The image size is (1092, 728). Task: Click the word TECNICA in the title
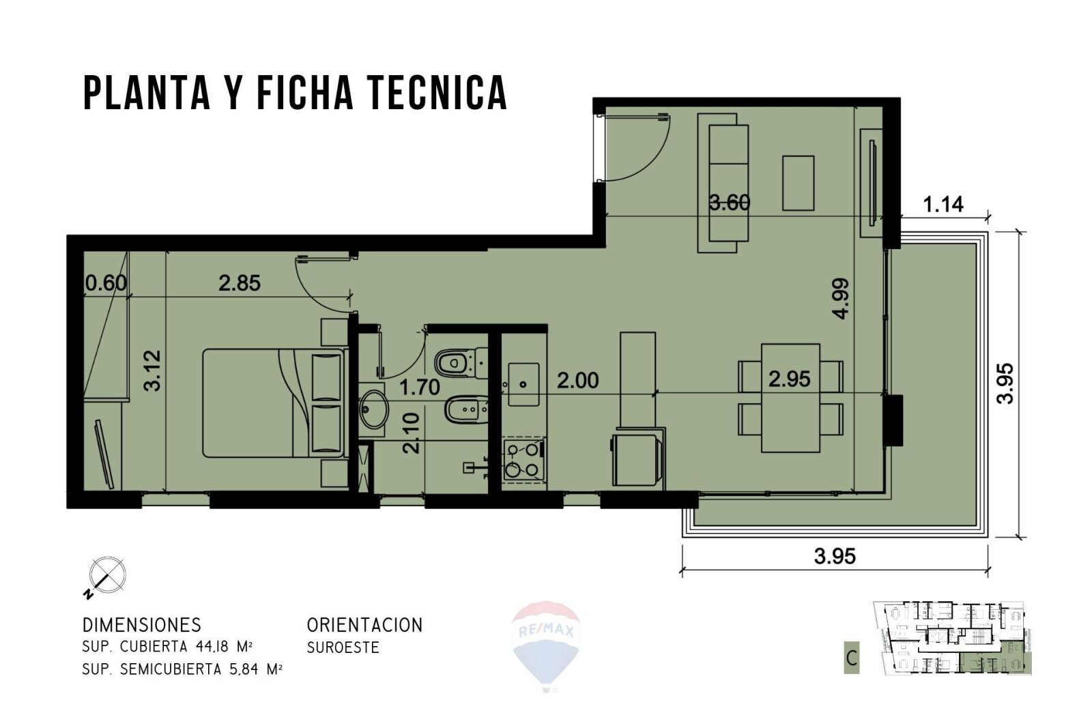[x=437, y=93]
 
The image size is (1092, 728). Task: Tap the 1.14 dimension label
[x=943, y=205]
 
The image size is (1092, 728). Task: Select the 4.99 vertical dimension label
[x=841, y=298]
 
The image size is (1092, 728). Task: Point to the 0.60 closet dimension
[x=106, y=282]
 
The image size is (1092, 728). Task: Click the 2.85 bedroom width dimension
[x=240, y=283]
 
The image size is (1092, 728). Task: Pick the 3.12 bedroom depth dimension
[x=153, y=370]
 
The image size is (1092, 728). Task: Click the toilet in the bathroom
[x=461, y=362]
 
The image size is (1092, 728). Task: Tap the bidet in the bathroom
[x=466, y=410]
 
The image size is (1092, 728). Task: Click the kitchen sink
[x=523, y=384]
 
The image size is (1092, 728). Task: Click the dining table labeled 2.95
[x=790, y=398]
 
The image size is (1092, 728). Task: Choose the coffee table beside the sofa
[x=798, y=183]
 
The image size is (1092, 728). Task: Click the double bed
[x=273, y=403]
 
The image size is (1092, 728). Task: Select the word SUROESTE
[x=343, y=647]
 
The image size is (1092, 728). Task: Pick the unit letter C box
[x=852, y=658]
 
